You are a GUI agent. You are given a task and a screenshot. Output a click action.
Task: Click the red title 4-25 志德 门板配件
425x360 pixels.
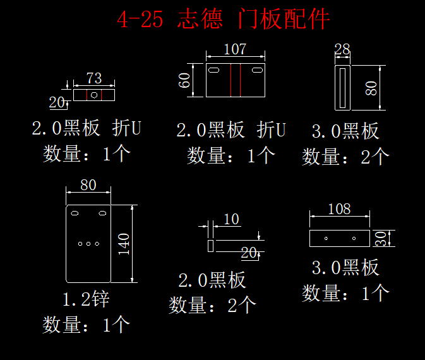(224, 19)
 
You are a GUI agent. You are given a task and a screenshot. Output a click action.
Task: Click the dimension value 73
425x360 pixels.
(94, 78)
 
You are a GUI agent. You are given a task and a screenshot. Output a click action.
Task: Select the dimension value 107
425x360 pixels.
(235, 49)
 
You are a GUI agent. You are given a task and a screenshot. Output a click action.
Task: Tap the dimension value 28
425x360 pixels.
(342, 49)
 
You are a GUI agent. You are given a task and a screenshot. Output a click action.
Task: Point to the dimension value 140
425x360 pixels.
(124, 244)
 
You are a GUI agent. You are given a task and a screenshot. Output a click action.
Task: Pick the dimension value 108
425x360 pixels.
(339, 209)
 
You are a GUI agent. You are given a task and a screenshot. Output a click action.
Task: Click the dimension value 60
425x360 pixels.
(184, 80)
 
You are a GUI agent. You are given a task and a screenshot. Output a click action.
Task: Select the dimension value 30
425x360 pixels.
(381, 239)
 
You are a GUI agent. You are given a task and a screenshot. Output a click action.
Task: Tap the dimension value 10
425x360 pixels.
(232, 219)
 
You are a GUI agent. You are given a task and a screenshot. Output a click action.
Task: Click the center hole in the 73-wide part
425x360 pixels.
(94, 95)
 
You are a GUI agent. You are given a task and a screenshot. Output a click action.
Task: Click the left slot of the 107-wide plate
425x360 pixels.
(213, 70)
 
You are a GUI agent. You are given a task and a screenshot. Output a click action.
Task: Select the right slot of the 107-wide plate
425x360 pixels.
(257, 70)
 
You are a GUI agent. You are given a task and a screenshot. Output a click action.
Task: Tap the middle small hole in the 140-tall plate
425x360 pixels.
(88, 244)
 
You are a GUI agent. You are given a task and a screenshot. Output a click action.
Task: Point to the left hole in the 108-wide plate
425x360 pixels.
(326, 239)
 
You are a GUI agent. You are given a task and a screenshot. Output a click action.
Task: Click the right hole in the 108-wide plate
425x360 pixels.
(354, 239)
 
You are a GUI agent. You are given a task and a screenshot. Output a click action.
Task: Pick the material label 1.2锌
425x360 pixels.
(86, 299)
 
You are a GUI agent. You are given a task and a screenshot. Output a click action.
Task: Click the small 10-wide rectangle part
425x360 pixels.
(210, 246)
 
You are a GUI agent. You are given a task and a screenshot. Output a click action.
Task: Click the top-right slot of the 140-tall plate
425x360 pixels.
(102, 213)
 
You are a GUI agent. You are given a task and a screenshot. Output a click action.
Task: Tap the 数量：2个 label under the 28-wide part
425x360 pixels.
(346, 157)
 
